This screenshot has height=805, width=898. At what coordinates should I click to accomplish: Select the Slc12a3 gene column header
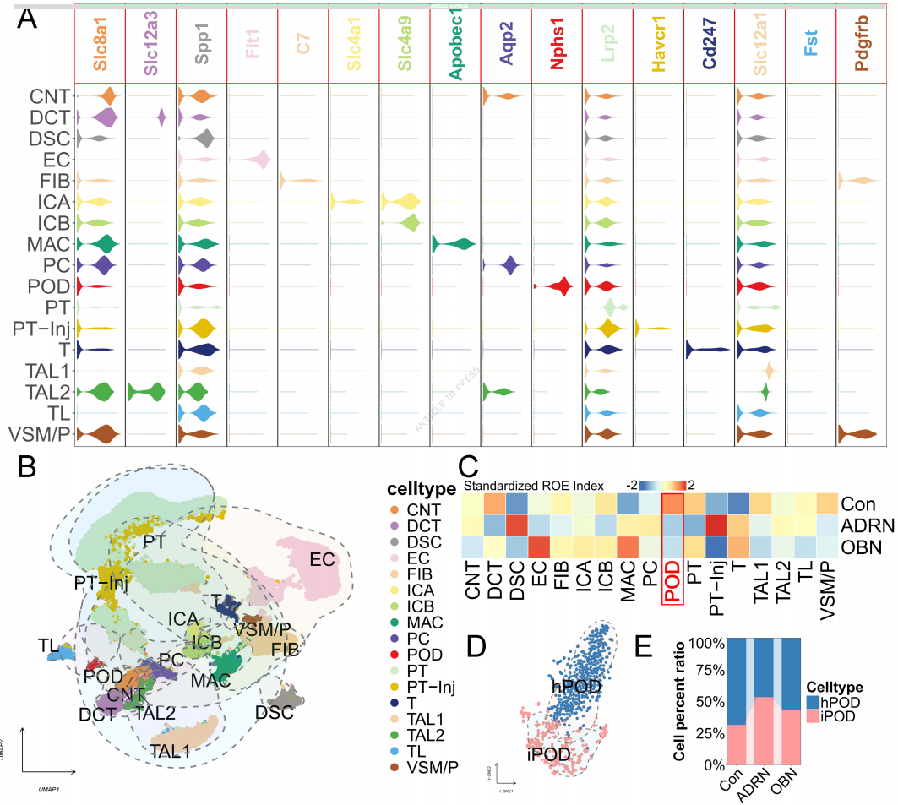(x=151, y=52)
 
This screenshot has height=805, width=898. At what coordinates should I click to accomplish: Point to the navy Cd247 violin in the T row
(x=707, y=349)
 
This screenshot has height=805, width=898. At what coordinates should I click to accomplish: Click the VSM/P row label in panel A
(x=39, y=434)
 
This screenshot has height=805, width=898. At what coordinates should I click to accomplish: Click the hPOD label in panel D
(x=579, y=688)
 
